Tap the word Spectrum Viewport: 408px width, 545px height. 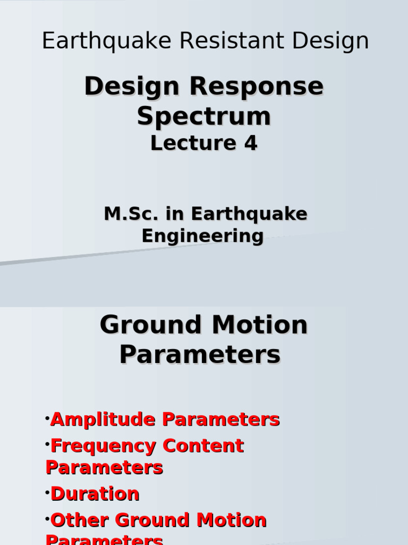[x=204, y=116]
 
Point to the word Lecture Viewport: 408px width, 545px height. [x=185, y=143]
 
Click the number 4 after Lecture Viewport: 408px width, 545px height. [x=251, y=143]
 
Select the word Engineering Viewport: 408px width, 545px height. [x=202, y=236]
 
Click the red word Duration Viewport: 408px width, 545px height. [x=95, y=494]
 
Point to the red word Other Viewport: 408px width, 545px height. [x=80, y=520]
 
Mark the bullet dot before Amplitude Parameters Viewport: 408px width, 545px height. [x=47, y=416]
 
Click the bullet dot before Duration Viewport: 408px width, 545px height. [x=47, y=490]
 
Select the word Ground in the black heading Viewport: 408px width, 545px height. [x=151, y=325]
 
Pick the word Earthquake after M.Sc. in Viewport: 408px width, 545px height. [x=249, y=214]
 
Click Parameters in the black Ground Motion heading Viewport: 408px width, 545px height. [x=200, y=354]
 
